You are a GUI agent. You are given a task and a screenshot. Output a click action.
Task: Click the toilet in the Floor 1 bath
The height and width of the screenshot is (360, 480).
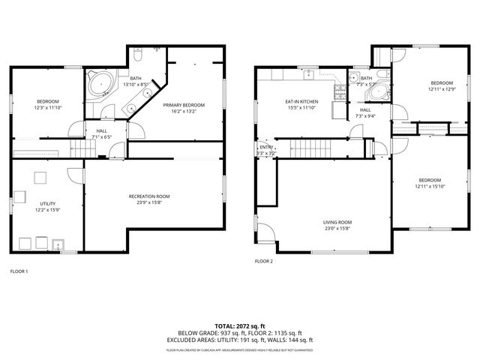click(139, 56)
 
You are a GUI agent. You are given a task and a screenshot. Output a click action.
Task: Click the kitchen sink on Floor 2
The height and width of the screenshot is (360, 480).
click(309, 75)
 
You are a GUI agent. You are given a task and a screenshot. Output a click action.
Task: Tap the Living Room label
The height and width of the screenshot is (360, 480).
click(337, 222)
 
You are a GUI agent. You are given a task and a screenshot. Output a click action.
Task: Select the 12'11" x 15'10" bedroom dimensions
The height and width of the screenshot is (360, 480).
click(430, 187)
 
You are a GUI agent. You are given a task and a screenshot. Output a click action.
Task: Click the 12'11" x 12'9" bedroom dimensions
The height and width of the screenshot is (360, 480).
click(441, 89)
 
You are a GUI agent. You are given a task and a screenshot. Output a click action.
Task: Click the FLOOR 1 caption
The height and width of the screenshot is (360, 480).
click(19, 271)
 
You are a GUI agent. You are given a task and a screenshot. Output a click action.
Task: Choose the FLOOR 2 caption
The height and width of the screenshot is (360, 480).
click(263, 262)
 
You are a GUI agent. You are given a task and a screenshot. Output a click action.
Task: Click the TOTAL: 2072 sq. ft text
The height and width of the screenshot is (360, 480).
click(240, 326)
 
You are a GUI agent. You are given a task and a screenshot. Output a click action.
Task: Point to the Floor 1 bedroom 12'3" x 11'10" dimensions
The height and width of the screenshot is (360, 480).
click(48, 107)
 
